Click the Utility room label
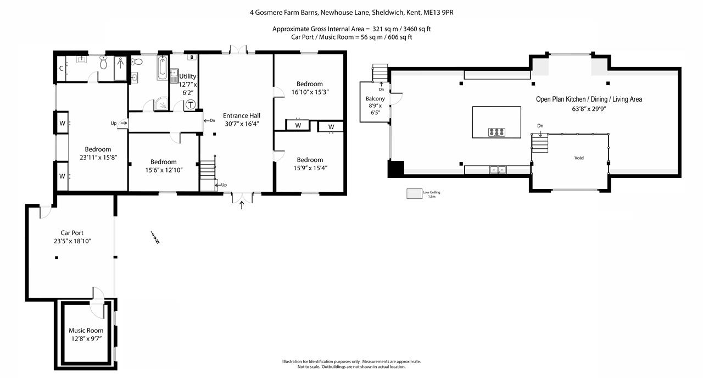[188, 76]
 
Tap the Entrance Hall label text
[241, 115]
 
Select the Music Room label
[86, 331]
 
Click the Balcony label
[375, 99]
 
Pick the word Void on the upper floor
[579, 158]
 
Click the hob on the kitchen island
[496, 131]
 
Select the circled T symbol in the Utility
[190, 104]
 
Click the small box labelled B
[191, 57]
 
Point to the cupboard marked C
[62, 69]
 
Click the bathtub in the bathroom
[162, 68]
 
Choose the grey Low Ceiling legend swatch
[413, 194]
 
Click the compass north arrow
[155, 237]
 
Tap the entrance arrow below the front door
[242, 205]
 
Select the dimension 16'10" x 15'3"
[310, 92]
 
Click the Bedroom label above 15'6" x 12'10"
[164, 162]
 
